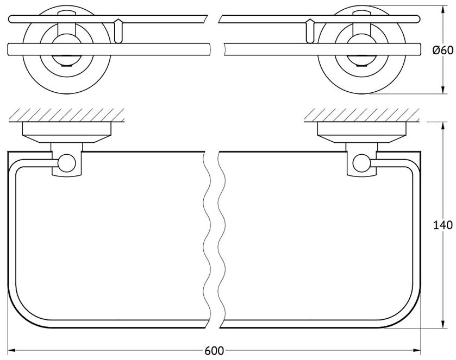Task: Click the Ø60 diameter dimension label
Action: click(x=442, y=50)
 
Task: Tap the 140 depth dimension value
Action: click(x=442, y=225)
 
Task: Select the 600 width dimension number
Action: click(x=214, y=351)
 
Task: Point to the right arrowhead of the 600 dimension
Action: click(x=417, y=351)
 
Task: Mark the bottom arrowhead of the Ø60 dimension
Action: click(x=442, y=90)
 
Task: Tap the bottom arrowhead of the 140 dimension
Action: click(x=442, y=324)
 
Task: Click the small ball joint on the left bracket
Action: click(x=67, y=163)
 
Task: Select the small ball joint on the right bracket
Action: click(x=361, y=163)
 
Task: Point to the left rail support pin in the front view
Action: click(x=118, y=31)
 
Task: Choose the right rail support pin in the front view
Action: click(x=310, y=31)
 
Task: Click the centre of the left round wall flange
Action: click(x=67, y=50)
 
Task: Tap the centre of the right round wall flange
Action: click(x=361, y=50)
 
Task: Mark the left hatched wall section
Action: click(x=67, y=115)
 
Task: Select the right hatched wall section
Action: click(x=361, y=115)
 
